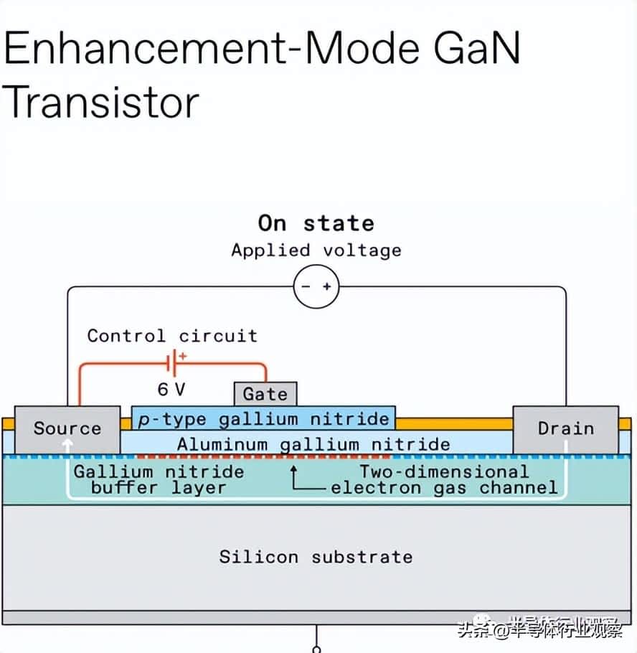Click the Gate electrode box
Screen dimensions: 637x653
[x=265, y=394]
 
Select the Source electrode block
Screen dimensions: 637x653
[x=67, y=430]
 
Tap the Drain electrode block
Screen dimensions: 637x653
[x=566, y=430]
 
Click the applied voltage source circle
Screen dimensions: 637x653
[x=316, y=286]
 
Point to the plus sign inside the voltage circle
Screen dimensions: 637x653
[x=327, y=286]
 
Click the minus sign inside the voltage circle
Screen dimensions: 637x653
[x=306, y=286]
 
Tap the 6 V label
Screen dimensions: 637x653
[x=171, y=390]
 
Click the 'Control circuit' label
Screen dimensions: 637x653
[x=172, y=336]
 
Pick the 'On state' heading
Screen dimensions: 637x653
[x=316, y=223]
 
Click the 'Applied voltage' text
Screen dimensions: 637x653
[x=316, y=250]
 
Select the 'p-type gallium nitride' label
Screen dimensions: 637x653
[x=263, y=419]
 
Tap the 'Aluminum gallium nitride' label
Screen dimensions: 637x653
[x=313, y=445]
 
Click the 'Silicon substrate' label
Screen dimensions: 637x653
[x=316, y=557]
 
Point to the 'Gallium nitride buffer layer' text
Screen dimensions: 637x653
[x=159, y=480]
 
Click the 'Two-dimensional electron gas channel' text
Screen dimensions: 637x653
[x=444, y=480]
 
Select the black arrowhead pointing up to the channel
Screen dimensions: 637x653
[x=293, y=469]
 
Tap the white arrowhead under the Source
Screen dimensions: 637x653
[x=67, y=444]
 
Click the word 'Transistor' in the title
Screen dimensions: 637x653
[x=100, y=102]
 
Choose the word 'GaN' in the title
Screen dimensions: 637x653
[x=477, y=48]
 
